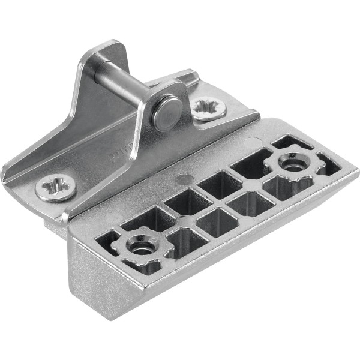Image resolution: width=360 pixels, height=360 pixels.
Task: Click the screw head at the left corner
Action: (x=55, y=188)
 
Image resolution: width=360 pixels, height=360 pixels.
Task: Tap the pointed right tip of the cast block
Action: (x=358, y=174)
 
